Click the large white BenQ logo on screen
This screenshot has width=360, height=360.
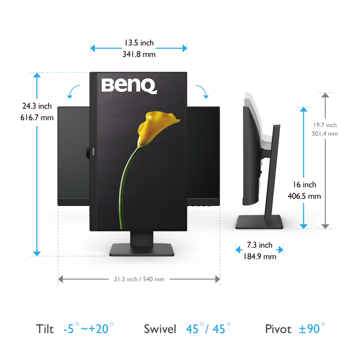129,86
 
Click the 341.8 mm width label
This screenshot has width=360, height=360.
139,54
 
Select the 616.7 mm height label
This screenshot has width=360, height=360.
37,118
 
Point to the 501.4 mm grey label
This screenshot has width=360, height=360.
325,134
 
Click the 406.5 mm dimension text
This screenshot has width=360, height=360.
304,196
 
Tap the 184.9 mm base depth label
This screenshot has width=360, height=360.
260,256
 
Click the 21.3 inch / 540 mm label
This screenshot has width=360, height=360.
139,279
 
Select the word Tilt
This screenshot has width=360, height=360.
45,329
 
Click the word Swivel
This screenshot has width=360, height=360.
160,329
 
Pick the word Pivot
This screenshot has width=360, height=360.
278,329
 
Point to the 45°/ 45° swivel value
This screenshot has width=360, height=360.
208,328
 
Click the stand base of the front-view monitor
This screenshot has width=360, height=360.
141,250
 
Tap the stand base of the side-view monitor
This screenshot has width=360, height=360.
259,222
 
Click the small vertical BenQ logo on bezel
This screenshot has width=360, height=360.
93,152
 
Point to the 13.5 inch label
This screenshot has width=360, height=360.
139,43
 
